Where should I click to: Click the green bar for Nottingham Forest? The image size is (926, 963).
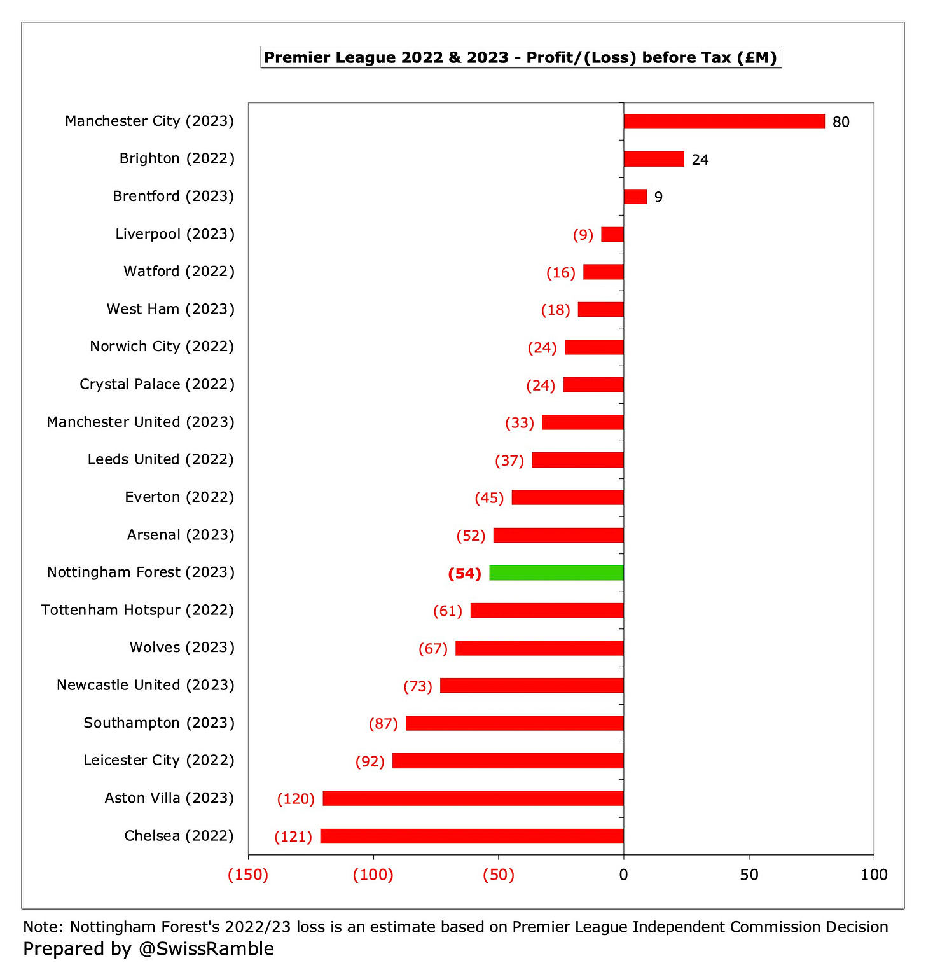556,572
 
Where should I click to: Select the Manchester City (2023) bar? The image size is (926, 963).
724,121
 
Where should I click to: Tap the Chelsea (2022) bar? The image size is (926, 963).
472,836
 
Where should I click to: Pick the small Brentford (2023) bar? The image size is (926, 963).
635,197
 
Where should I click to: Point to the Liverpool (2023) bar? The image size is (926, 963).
612,234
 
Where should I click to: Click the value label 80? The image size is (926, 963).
841,122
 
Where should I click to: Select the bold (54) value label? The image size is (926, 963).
464,574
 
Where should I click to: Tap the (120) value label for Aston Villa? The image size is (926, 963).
296,799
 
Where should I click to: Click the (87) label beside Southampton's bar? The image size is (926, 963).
383,724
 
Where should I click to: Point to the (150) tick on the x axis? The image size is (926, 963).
248,875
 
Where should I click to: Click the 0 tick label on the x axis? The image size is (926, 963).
623,875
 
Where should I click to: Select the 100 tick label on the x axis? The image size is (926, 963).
874,875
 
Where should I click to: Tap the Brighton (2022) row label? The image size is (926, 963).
177,158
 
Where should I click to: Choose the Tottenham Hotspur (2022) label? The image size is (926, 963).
137,610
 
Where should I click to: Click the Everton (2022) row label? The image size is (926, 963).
179,497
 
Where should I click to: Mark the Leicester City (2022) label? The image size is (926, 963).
158,760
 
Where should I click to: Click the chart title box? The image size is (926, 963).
521,57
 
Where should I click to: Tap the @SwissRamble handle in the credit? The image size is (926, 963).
203,948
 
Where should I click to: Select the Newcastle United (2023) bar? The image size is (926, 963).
532,686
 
